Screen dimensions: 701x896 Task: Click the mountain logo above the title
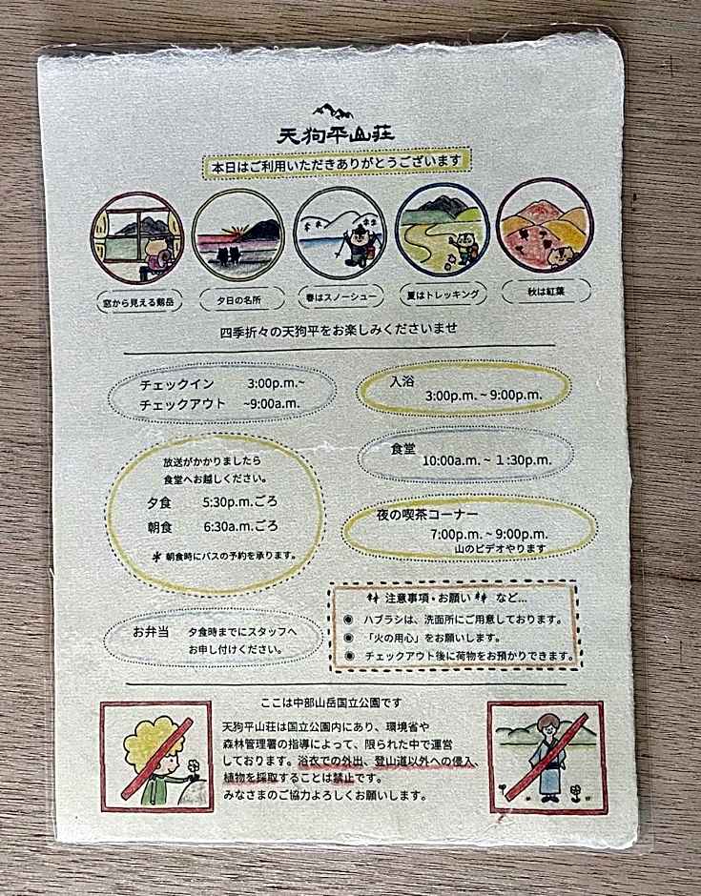point(335,111)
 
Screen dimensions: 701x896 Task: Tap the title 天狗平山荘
point(336,134)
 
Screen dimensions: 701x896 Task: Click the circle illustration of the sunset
point(237,234)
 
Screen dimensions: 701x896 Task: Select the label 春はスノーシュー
point(339,297)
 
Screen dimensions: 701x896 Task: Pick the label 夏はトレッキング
point(443,295)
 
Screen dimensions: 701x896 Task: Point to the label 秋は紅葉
point(546,292)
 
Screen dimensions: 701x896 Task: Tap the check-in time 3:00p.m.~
point(277,383)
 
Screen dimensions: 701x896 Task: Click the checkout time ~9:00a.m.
point(272,403)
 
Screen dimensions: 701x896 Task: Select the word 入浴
point(402,381)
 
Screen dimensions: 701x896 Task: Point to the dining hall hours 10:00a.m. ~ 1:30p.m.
point(487,460)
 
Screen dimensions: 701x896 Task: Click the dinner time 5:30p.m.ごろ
point(240,502)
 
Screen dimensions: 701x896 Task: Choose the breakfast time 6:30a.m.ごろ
point(240,526)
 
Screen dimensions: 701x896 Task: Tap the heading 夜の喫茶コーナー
point(427,515)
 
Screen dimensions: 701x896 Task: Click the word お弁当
point(151,633)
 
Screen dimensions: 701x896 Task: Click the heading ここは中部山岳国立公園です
point(331,703)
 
